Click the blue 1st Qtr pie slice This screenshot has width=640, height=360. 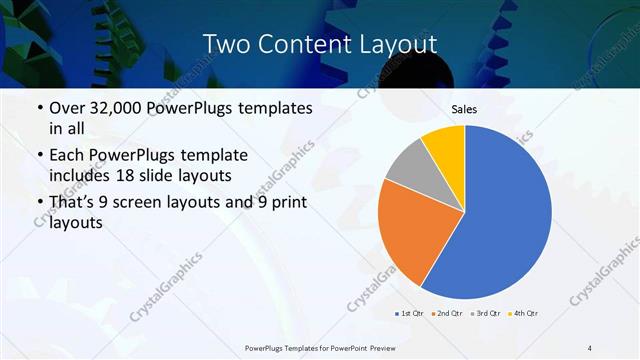coord(505,215)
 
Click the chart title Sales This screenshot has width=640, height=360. coord(464,108)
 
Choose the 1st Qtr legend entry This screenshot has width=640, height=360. coord(410,314)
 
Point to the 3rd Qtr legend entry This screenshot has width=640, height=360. coord(487,314)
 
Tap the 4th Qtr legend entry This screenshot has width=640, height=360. coord(525,314)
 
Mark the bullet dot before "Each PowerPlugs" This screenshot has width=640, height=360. coord(39,156)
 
